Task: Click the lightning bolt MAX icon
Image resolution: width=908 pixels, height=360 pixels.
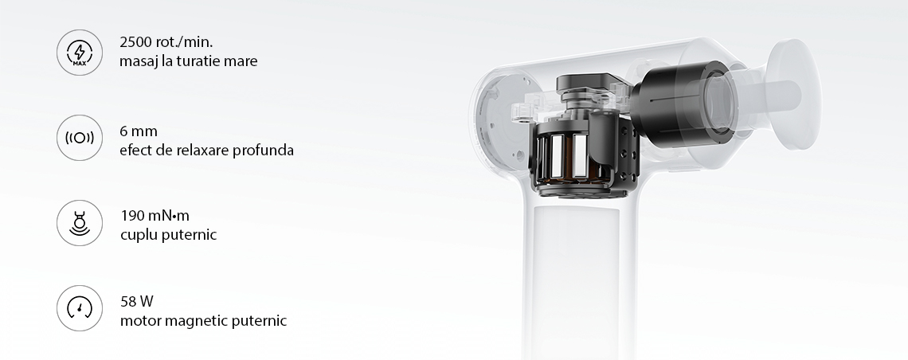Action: [x=80, y=53]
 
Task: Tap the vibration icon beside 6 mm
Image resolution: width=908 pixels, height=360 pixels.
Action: [x=80, y=138]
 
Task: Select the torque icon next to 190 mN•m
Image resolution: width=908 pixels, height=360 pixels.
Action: [x=80, y=223]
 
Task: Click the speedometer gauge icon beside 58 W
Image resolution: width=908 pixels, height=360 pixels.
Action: [x=80, y=308]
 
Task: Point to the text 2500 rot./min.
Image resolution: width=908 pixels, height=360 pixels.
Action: [x=166, y=42]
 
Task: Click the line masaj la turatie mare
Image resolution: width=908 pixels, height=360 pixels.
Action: [x=188, y=61]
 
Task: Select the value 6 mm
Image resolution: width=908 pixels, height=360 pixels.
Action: [x=139, y=131]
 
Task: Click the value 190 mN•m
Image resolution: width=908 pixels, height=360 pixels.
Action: [x=155, y=216]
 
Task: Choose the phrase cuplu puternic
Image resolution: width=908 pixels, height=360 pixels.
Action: [x=169, y=235]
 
